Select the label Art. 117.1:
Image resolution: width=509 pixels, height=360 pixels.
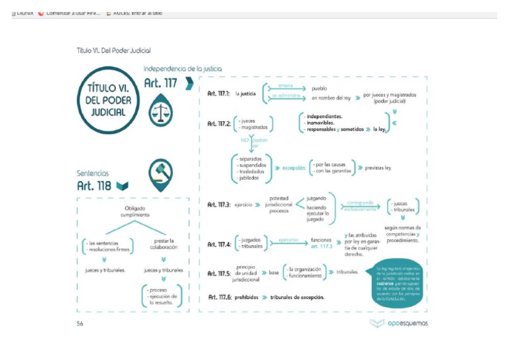pyautogui.click(x=219, y=93)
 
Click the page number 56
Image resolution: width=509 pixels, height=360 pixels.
pyautogui.click(x=80, y=324)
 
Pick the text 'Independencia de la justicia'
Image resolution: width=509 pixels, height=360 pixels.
pyautogui.click(x=182, y=68)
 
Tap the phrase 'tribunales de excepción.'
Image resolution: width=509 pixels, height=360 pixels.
pyautogui.click(x=298, y=297)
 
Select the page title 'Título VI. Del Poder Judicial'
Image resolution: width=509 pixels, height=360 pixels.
pyautogui.click(x=114, y=50)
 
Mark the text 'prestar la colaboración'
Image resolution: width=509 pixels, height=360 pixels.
pyautogui.click(x=163, y=245)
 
